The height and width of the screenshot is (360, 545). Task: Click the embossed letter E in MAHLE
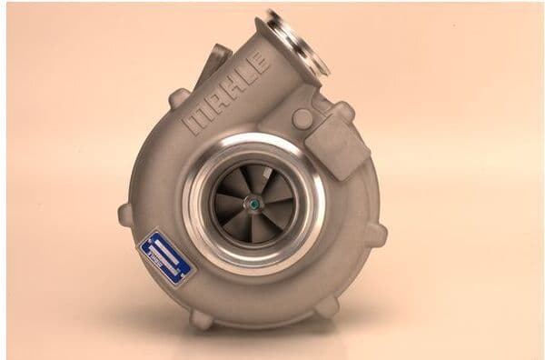[x=261, y=63]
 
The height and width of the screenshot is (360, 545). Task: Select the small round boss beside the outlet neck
[x=302, y=118]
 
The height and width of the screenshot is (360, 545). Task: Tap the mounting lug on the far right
[x=376, y=234]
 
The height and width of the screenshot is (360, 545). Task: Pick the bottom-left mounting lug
[x=201, y=318]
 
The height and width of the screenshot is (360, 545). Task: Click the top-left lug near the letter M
[x=179, y=97]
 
